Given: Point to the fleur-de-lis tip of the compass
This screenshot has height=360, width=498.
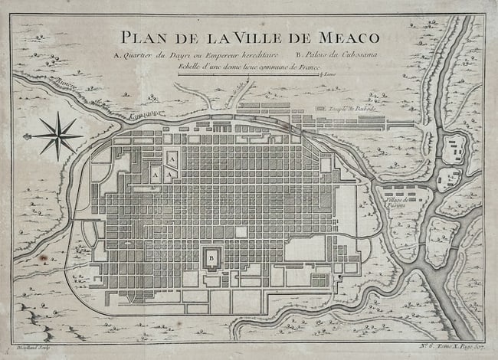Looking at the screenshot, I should click(28, 136).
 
